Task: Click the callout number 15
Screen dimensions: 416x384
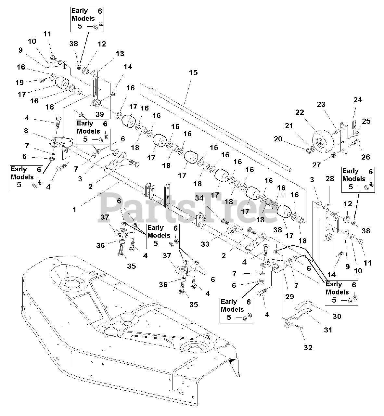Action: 193,72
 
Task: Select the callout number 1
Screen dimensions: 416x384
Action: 74,210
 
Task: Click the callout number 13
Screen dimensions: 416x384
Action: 120,54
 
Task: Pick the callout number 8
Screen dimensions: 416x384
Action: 26,131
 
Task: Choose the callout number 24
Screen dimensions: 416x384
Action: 357,100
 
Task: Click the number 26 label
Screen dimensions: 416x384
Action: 365,157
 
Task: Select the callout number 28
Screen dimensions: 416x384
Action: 330,179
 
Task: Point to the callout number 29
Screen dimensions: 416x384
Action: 289,296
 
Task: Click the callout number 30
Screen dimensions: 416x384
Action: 337,316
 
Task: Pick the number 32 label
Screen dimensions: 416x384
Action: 308,347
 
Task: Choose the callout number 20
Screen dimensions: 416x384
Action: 278,139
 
